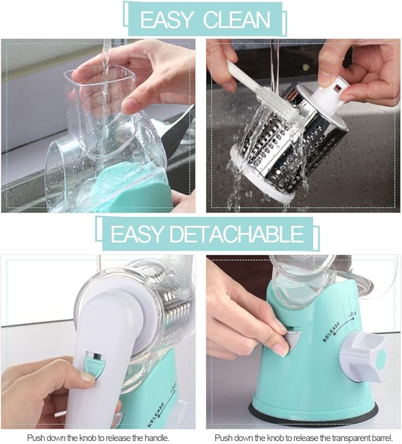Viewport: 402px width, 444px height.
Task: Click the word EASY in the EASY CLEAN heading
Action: point(168,19)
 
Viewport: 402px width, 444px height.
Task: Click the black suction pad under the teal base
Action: point(314,415)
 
